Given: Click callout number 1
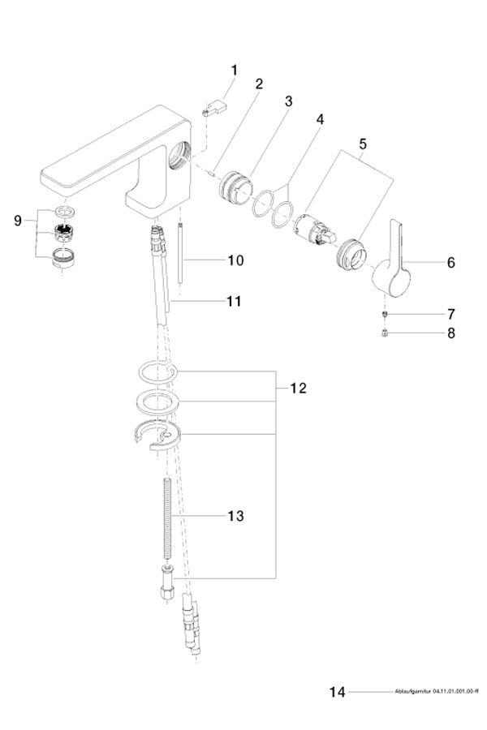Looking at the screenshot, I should pos(234,71).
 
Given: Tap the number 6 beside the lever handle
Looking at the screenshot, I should pos(450,262).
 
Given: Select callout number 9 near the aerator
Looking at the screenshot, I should pos(18,221).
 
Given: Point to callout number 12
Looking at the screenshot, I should pos(298,389).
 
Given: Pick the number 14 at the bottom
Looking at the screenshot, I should pos(338,692).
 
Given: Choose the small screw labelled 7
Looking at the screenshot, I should pos(386,314).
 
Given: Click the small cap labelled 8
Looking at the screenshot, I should pos(386,332).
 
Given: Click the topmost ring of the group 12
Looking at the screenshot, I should pos(155,372).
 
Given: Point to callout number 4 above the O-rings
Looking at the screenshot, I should pos(320,119).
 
